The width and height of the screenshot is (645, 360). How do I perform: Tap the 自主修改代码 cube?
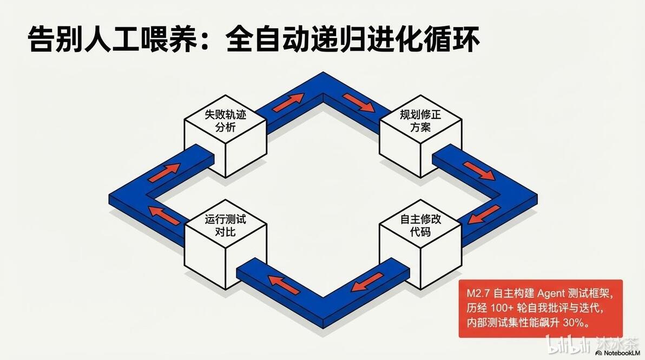[420, 244]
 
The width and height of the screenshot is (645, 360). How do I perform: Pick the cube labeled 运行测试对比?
[225, 244]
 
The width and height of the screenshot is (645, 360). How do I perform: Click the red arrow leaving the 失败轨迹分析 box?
[288, 102]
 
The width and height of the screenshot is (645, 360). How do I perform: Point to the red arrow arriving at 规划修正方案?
[358, 102]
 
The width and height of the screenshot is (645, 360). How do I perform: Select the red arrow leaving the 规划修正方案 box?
[479, 171]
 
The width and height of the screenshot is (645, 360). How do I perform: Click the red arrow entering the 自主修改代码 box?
[485, 214]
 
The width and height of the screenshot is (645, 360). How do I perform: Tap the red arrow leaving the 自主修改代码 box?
[367, 282]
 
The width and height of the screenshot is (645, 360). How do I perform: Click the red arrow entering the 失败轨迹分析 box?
[164, 172]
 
